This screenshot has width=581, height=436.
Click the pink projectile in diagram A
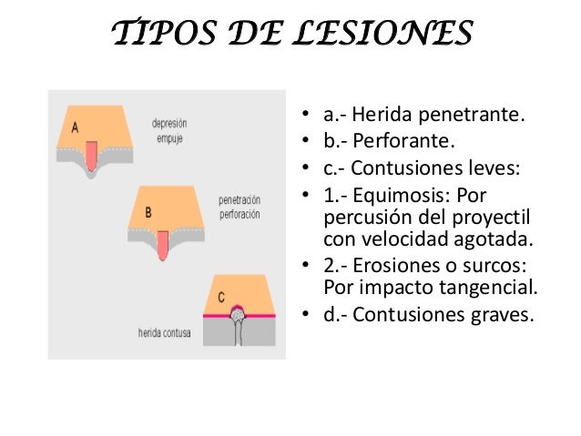92,157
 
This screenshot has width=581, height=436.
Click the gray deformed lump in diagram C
239,314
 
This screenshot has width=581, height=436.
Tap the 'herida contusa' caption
165,332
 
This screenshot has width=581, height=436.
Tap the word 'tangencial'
493,289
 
